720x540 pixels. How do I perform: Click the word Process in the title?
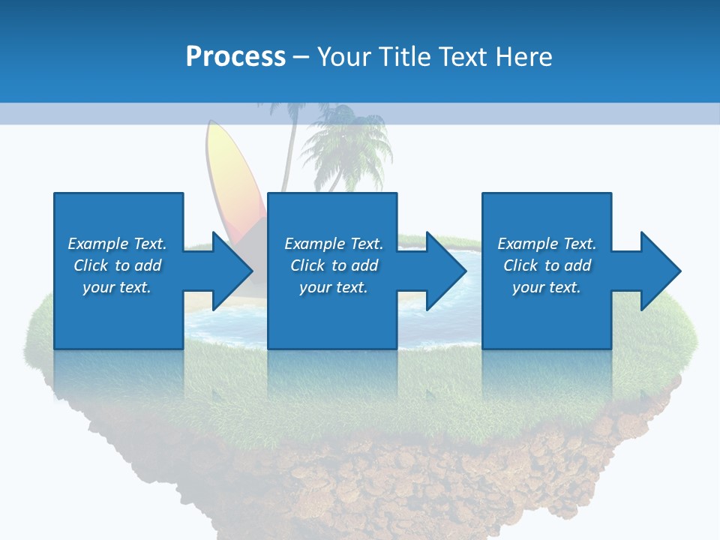coord(235,57)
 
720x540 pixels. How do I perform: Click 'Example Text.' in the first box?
coord(117,244)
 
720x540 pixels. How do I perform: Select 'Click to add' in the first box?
coord(117,265)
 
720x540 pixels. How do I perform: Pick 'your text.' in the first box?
coord(117,287)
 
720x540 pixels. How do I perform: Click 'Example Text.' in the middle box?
coord(334,244)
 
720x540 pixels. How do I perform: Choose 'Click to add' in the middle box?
coord(334,265)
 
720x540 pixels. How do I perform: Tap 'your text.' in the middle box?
coord(334,287)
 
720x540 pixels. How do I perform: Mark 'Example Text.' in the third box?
coord(547,244)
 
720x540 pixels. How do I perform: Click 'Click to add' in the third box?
coord(547,265)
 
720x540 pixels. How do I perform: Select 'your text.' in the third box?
coord(547,287)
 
